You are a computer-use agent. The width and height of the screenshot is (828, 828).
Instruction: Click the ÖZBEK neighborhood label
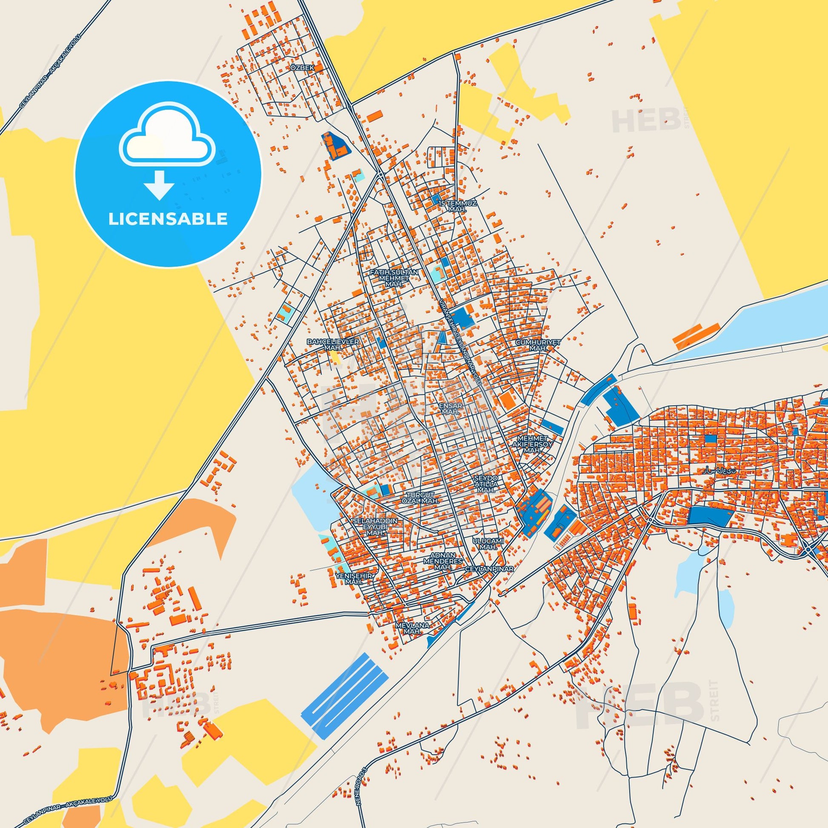click(303, 68)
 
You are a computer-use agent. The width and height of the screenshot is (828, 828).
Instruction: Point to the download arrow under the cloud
click(159, 185)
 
